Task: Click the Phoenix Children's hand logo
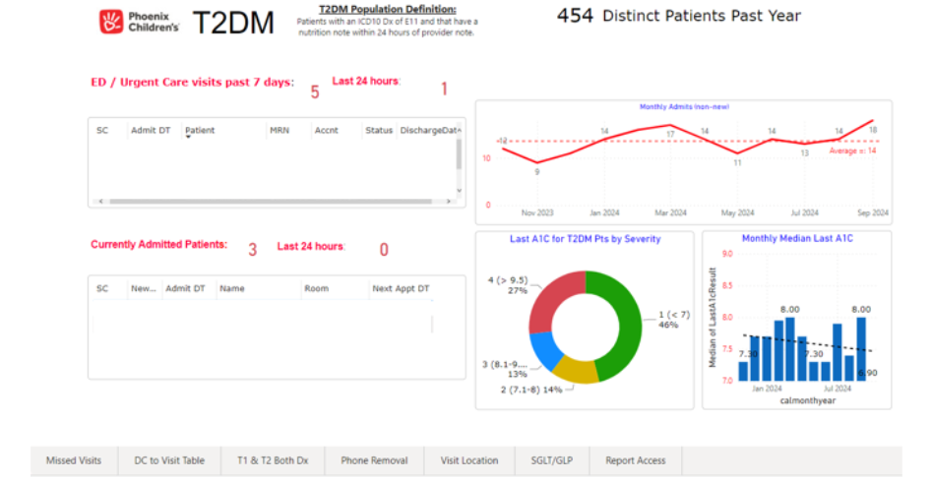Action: point(111,22)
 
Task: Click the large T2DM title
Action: point(232,24)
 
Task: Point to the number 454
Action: point(575,16)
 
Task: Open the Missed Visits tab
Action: point(74,460)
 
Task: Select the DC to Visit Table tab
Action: point(169,460)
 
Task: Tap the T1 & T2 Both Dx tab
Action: point(273,460)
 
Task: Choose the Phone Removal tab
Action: point(374,460)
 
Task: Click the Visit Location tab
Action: point(469,460)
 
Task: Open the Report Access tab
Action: point(635,460)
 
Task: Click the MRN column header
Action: point(280,130)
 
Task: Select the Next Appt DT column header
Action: point(401,288)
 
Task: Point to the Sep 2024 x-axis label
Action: point(872,212)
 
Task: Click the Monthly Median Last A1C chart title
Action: point(797,239)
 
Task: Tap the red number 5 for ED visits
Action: point(315,92)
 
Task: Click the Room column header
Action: point(316,288)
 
